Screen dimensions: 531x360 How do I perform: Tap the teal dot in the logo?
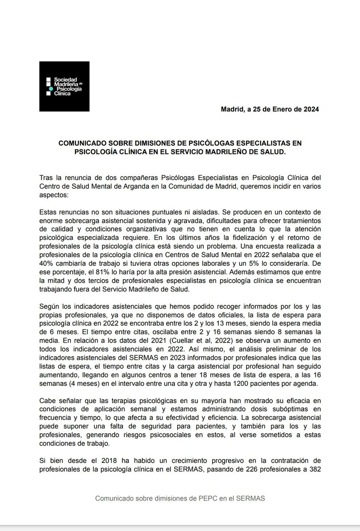tap(51, 89)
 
